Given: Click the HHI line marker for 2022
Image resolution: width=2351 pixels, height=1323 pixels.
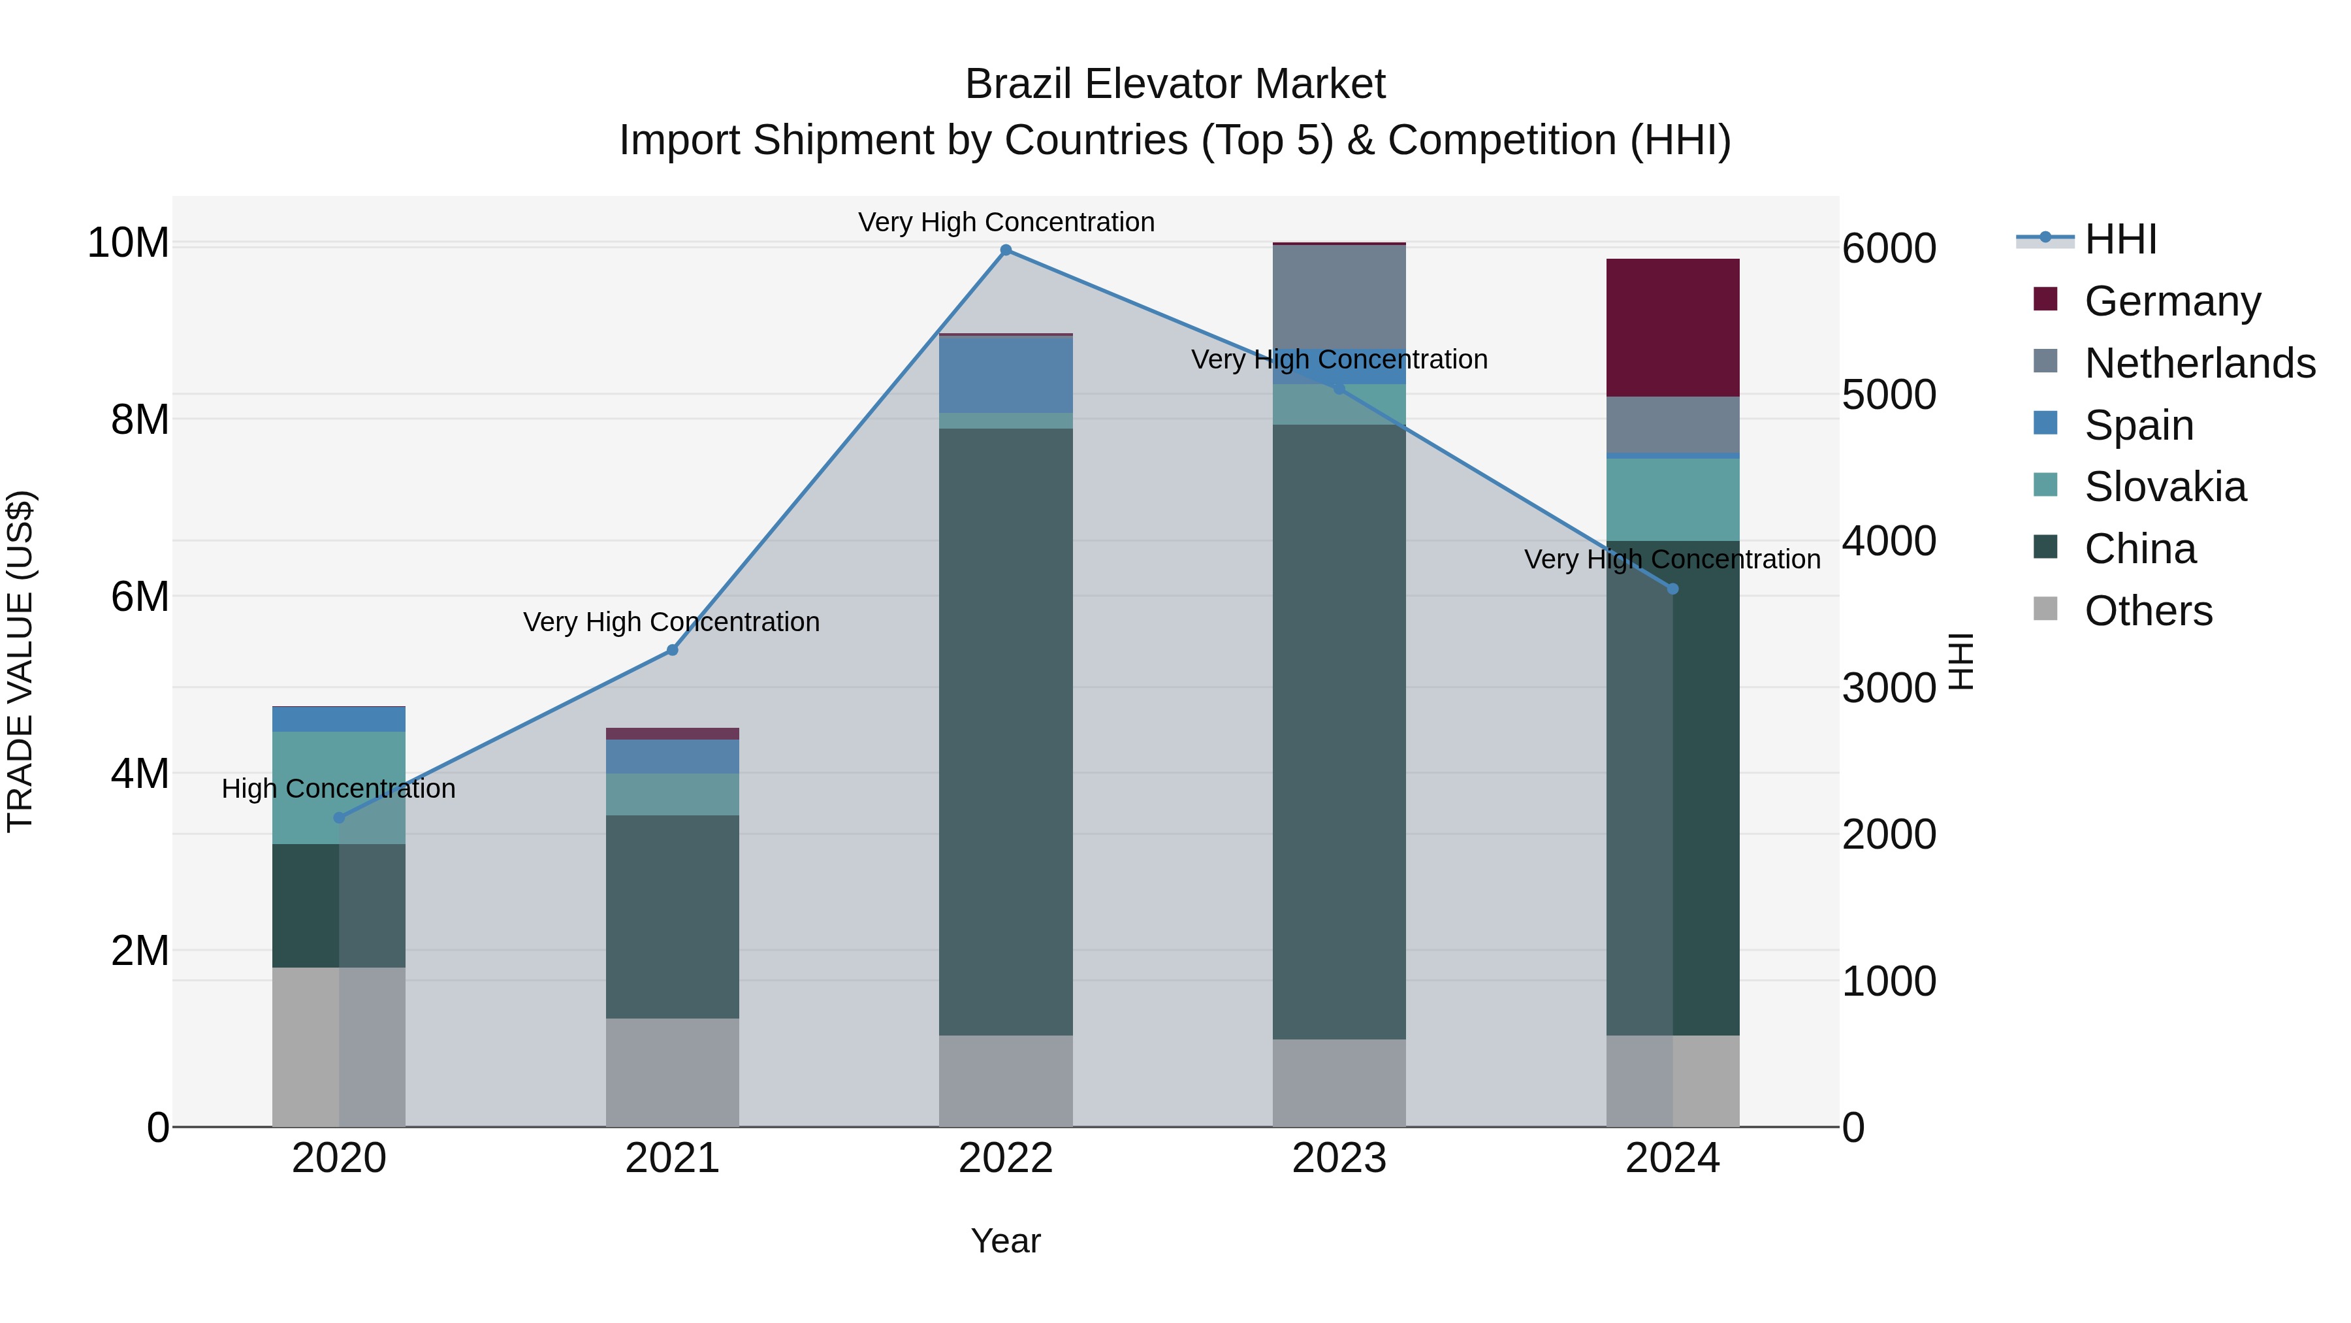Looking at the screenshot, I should [x=1006, y=250].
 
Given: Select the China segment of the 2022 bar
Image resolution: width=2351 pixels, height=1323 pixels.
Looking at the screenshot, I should [x=1006, y=730].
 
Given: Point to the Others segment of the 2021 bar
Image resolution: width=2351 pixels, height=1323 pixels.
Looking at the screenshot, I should [x=672, y=1072].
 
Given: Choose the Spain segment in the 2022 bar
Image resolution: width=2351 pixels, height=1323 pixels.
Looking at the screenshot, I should [x=1006, y=374].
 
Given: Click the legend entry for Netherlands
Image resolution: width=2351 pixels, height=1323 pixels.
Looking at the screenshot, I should [x=2199, y=363].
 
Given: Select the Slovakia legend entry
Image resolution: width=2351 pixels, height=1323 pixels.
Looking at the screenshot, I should [x=2165, y=487].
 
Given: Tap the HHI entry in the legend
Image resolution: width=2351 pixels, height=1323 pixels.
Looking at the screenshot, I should [x=2120, y=239].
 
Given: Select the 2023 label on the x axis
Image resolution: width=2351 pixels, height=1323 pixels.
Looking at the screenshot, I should [x=1339, y=1158].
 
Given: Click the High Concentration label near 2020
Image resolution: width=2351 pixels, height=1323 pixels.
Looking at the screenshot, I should [x=338, y=788].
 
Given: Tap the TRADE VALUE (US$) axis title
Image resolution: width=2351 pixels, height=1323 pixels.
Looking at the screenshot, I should [x=20, y=661].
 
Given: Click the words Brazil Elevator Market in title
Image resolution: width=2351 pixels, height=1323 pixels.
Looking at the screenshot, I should [x=1175, y=85].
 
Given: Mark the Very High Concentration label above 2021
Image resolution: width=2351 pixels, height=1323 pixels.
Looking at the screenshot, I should [x=672, y=622].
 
